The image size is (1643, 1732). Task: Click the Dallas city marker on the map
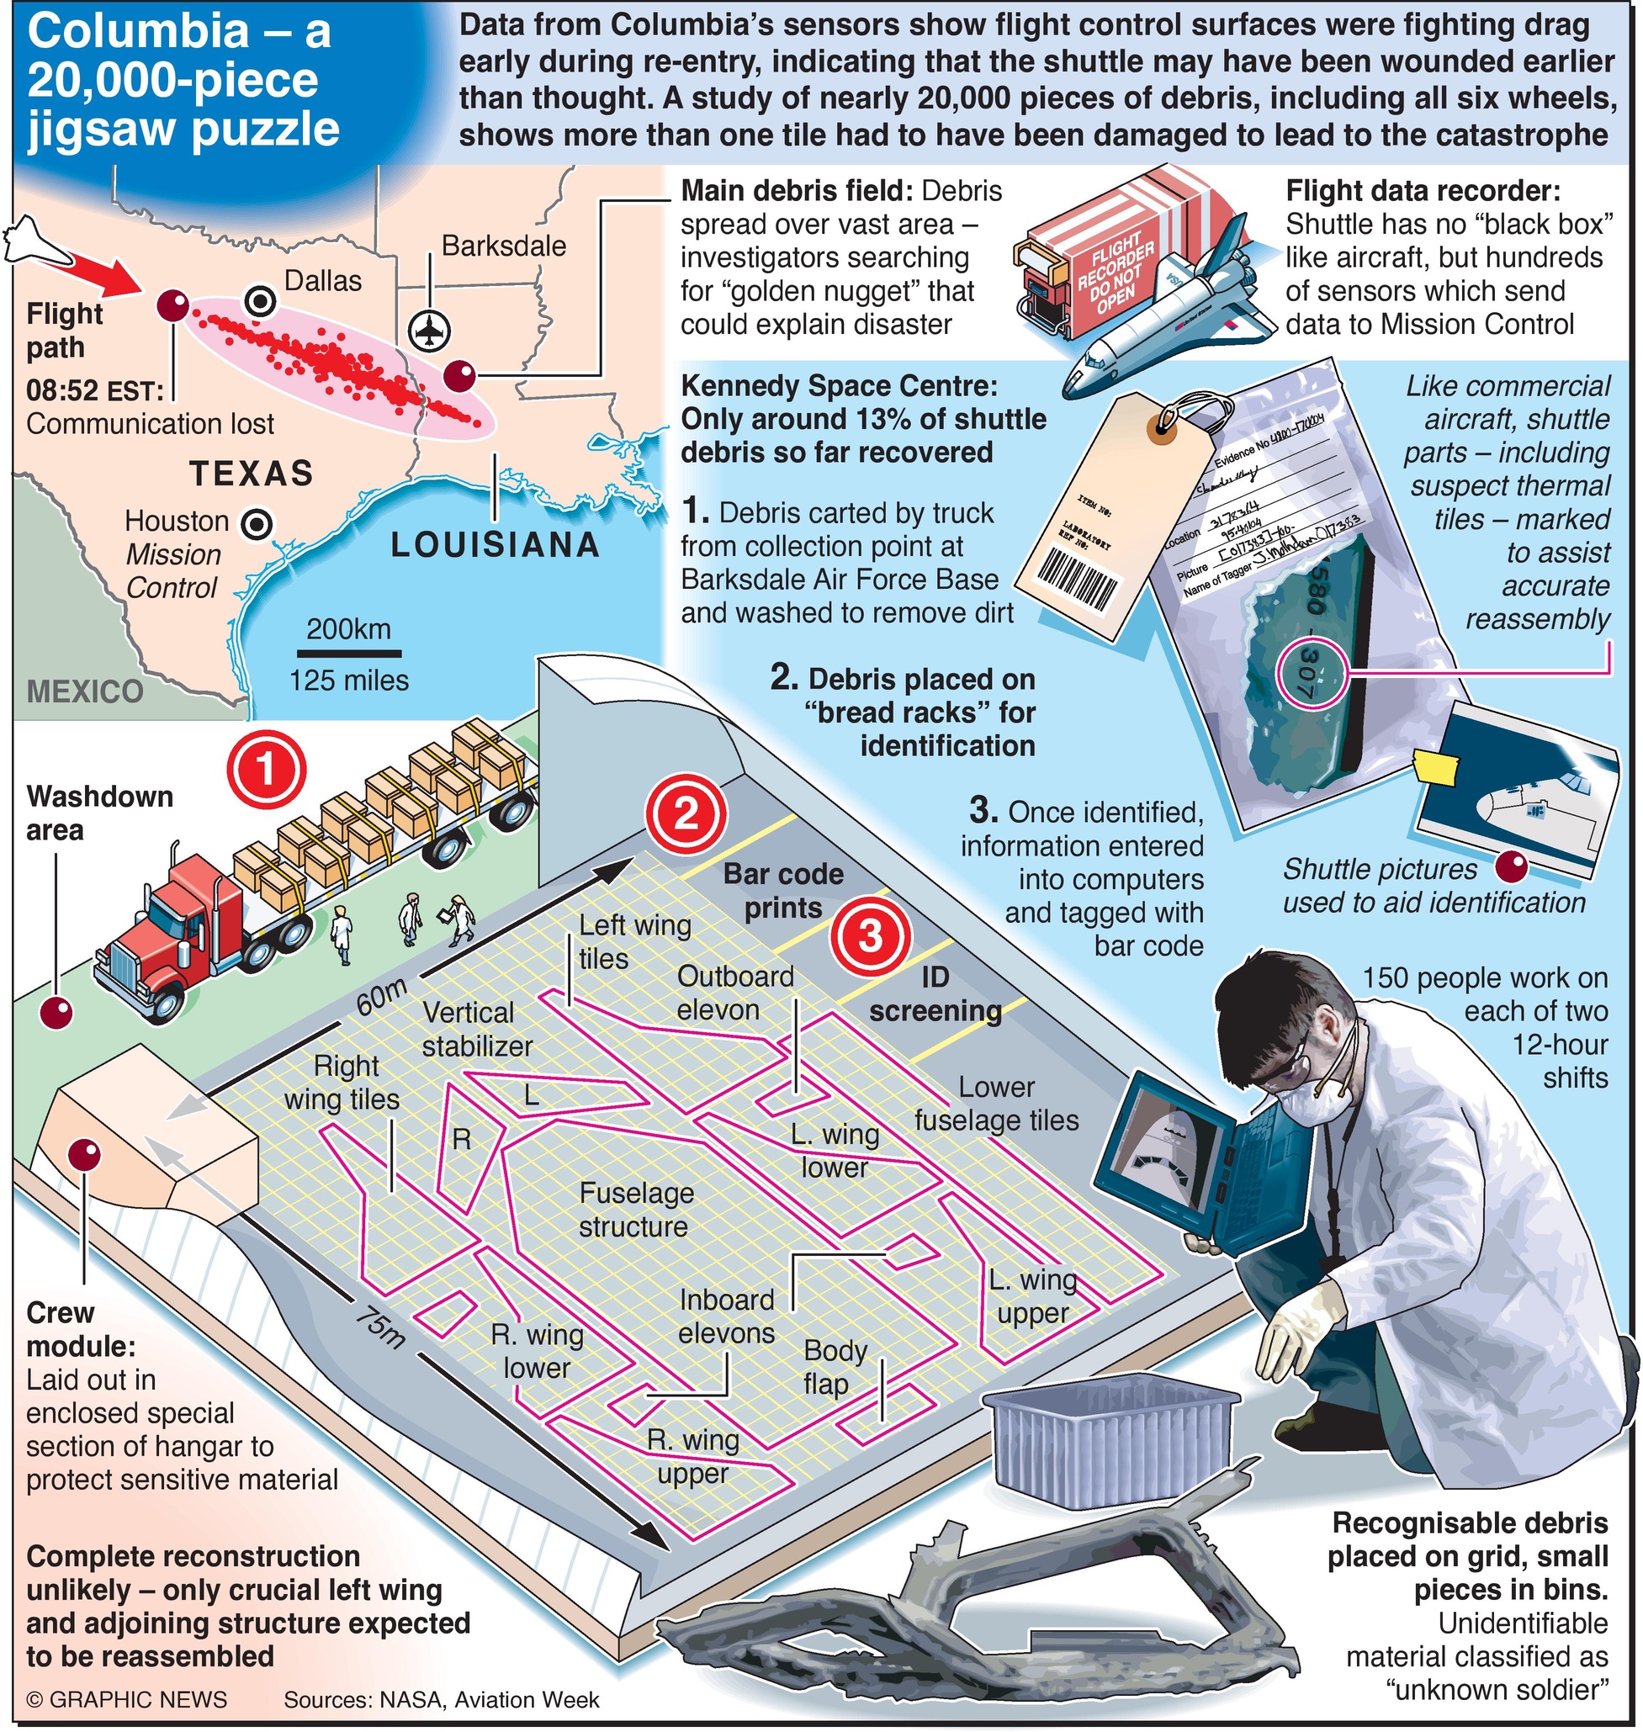[x=260, y=302]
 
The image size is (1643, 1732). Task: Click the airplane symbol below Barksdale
[x=429, y=331]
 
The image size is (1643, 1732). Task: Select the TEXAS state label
[x=252, y=474]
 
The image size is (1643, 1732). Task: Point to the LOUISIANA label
[x=496, y=546]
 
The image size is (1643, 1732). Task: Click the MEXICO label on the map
[x=85, y=691]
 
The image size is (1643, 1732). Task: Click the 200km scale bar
[x=348, y=654]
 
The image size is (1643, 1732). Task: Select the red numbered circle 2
[x=686, y=813]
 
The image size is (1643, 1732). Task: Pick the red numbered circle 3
[x=871, y=936]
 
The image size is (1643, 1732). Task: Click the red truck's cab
[x=175, y=928]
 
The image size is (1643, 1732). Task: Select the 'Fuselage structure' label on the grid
[x=636, y=1210]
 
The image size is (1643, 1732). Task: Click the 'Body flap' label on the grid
[x=834, y=1367]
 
